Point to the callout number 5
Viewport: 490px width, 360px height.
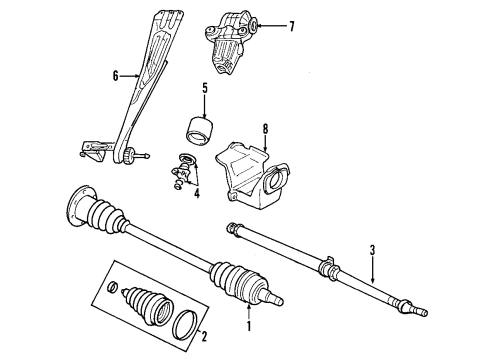(203, 87)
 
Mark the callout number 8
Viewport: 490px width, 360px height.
(265, 128)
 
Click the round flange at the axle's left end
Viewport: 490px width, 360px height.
(75, 206)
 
